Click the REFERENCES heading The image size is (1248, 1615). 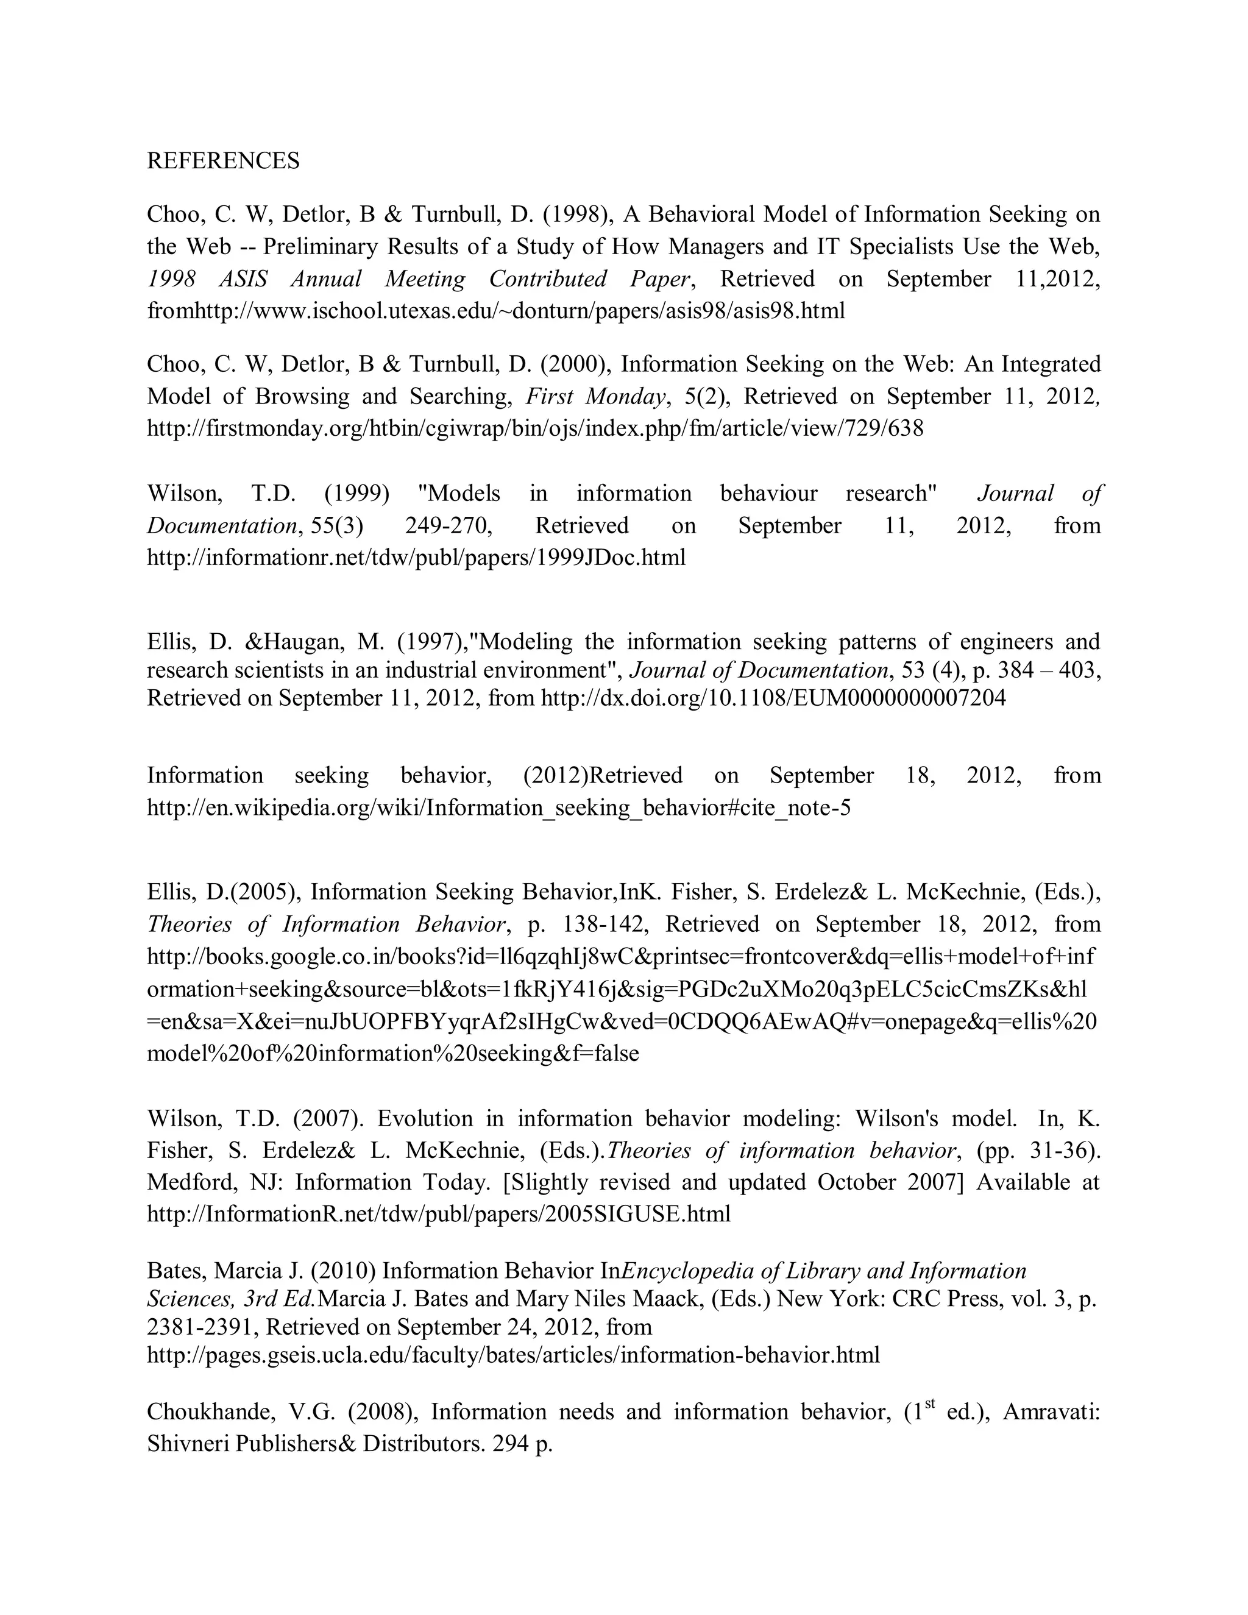[223, 160]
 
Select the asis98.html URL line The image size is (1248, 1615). [495, 311]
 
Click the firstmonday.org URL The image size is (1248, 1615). [534, 428]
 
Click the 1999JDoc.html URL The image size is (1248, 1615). [416, 557]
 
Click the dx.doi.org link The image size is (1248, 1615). [773, 697]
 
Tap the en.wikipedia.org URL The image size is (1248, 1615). [498, 807]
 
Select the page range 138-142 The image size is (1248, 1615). [601, 925]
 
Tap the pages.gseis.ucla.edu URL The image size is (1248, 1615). [513, 1355]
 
